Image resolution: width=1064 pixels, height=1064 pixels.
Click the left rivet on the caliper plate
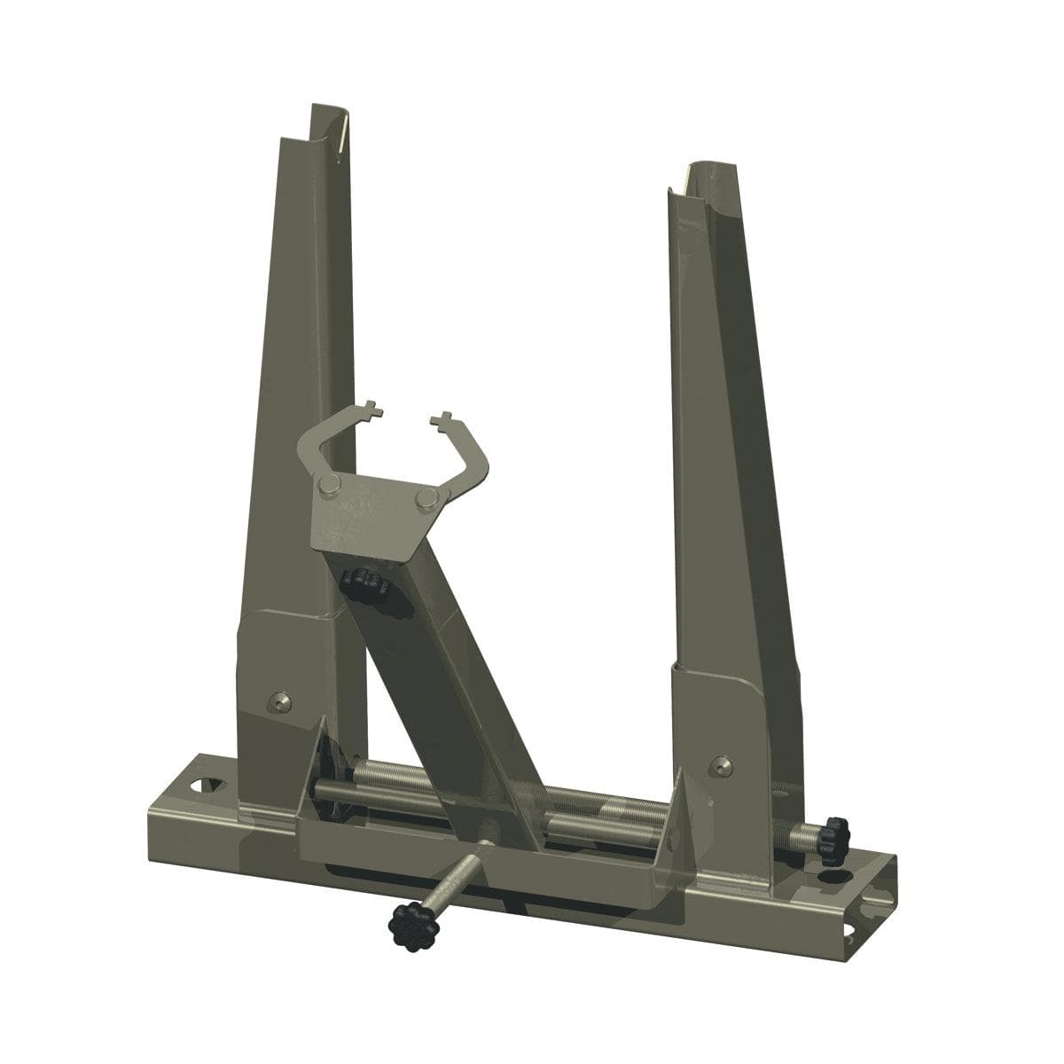330,483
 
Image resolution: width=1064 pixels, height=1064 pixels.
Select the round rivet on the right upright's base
722,763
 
